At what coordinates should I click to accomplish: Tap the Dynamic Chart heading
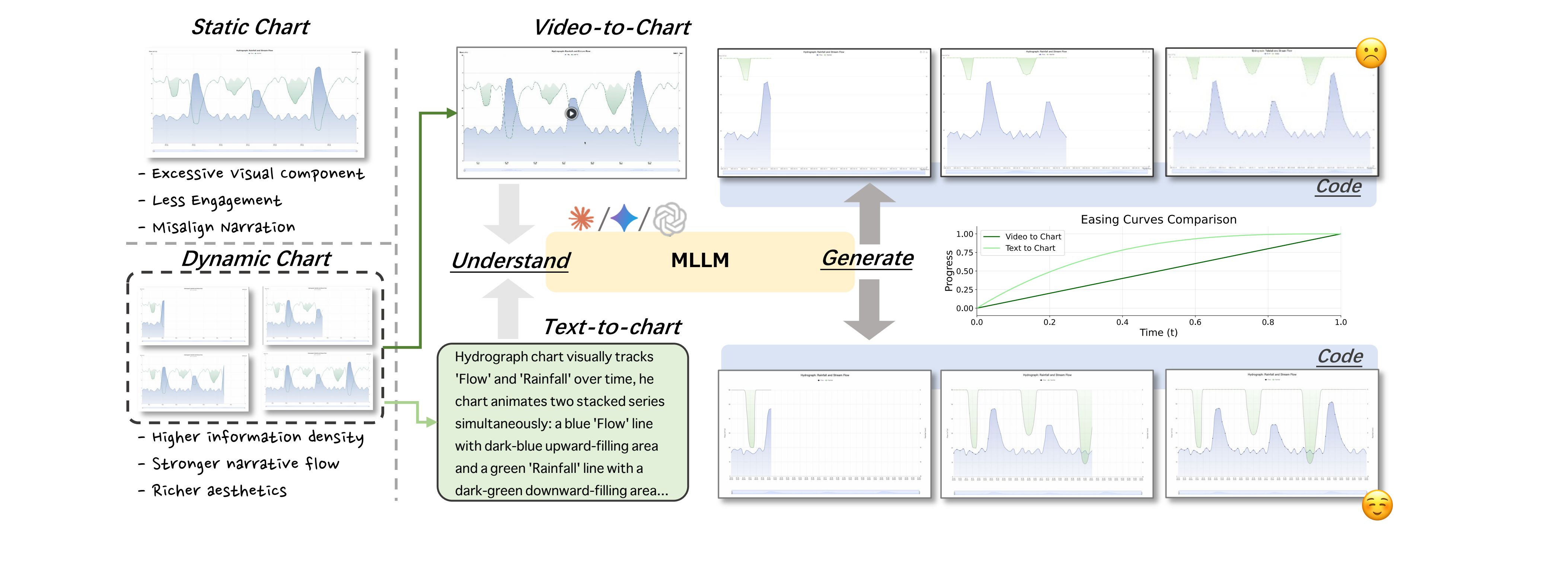pyautogui.click(x=256, y=259)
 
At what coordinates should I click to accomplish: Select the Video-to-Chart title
pyautogui.click(x=611, y=28)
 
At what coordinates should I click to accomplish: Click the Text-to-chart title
pyautogui.click(x=611, y=327)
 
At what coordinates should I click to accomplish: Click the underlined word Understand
pyautogui.click(x=510, y=261)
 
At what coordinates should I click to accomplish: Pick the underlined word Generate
pyautogui.click(x=867, y=258)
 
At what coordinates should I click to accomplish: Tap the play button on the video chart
pyautogui.click(x=571, y=113)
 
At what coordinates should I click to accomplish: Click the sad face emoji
pyautogui.click(x=1371, y=53)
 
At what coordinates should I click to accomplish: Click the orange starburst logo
pyautogui.click(x=581, y=218)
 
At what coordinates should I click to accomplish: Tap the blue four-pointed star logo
pyautogui.click(x=624, y=218)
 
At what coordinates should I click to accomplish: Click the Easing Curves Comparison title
pyautogui.click(x=1158, y=220)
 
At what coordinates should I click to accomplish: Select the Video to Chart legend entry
pyautogui.click(x=1033, y=237)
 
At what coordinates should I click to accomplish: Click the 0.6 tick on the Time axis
pyautogui.click(x=1194, y=322)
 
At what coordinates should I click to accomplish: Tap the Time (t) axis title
pyautogui.click(x=1158, y=333)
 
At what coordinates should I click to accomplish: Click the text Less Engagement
pyautogui.click(x=217, y=201)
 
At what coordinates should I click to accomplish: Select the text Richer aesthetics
pyautogui.click(x=219, y=491)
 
